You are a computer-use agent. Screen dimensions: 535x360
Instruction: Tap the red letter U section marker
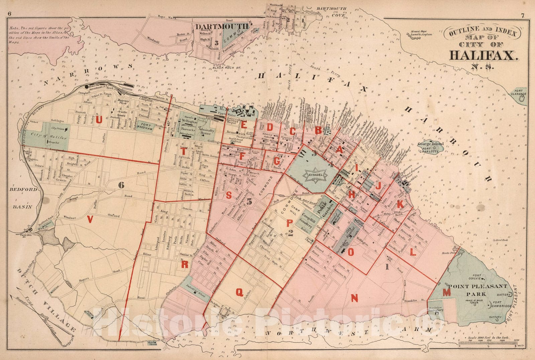[99, 121]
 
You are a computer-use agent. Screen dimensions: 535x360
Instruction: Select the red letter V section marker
[89, 219]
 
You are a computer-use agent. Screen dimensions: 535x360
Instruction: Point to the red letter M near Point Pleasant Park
[446, 292]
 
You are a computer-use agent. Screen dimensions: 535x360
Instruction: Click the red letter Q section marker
[239, 292]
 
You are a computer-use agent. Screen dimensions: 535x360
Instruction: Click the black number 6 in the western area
[121, 185]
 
